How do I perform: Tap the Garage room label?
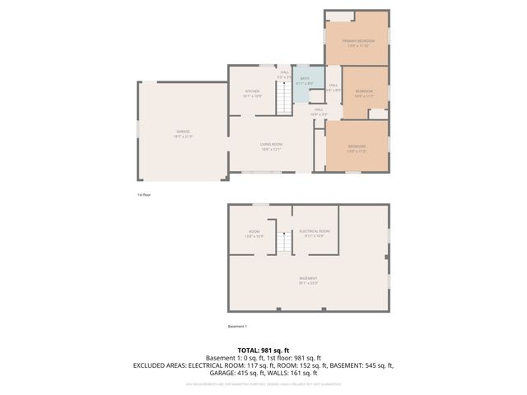click(x=182, y=134)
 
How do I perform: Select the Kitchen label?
click(x=252, y=93)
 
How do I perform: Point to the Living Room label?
click(x=272, y=146)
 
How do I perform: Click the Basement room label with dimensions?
click(x=308, y=280)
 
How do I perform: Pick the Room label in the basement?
click(x=254, y=234)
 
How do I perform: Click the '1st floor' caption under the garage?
click(x=144, y=195)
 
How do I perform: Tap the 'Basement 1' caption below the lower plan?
click(x=238, y=328)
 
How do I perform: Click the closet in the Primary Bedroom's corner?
click(x=341, y=16)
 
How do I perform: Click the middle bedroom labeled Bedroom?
click(x=363, y=93)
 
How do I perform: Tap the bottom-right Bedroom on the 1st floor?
click(x=357, y=150)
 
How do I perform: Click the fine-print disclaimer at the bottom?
click(x=263, y=383)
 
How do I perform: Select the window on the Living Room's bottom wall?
click(x=261, y=172)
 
